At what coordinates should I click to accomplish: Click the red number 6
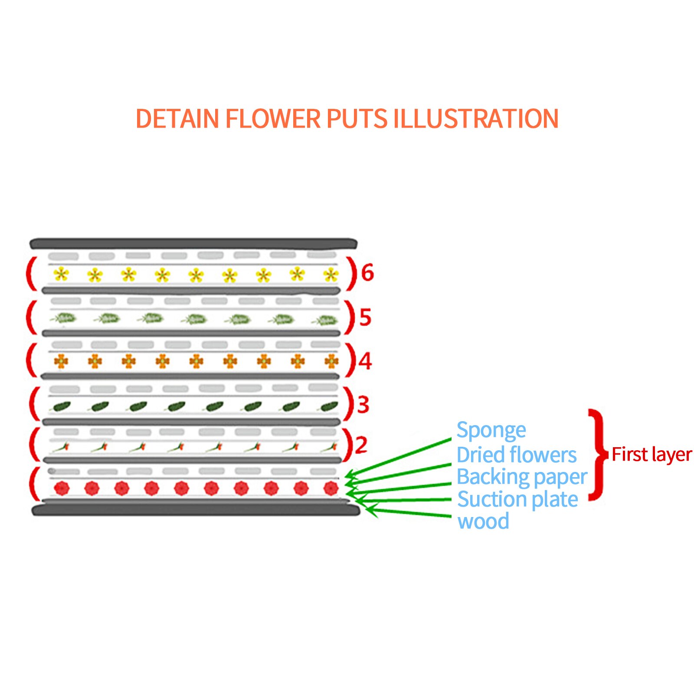(367, 273)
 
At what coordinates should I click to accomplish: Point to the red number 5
(365, 317)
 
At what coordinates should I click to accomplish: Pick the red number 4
(365, 361)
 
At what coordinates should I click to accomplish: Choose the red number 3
(363, 404)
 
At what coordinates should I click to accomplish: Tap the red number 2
(361, 445)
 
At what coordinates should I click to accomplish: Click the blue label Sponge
(491, 431)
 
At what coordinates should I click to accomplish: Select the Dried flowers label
(517, 455)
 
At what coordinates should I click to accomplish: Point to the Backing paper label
(522, 477)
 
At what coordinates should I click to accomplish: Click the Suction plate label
(517, 499)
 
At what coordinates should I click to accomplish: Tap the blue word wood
(483, 521)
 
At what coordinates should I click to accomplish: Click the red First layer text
(651, 455)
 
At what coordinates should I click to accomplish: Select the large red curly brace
(598, 455)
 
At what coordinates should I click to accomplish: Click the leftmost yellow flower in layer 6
(61, 274)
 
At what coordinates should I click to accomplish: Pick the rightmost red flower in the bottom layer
(331, 488)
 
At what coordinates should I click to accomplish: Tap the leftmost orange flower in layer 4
(61, 361)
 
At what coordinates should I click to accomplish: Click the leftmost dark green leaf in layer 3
(61, 406)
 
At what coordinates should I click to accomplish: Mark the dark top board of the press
(193, 243)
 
